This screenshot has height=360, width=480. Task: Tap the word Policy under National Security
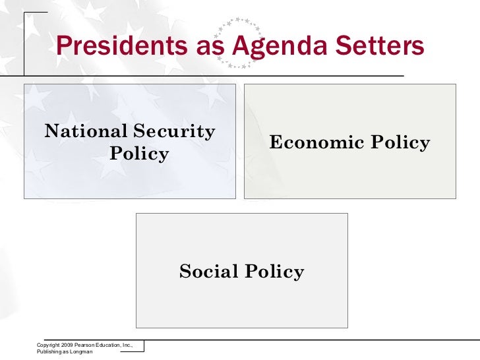[x=139, y=154]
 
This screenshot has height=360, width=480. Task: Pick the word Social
[x=208, y=271]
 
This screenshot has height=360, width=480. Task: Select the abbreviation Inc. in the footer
[x=128, y=345]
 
